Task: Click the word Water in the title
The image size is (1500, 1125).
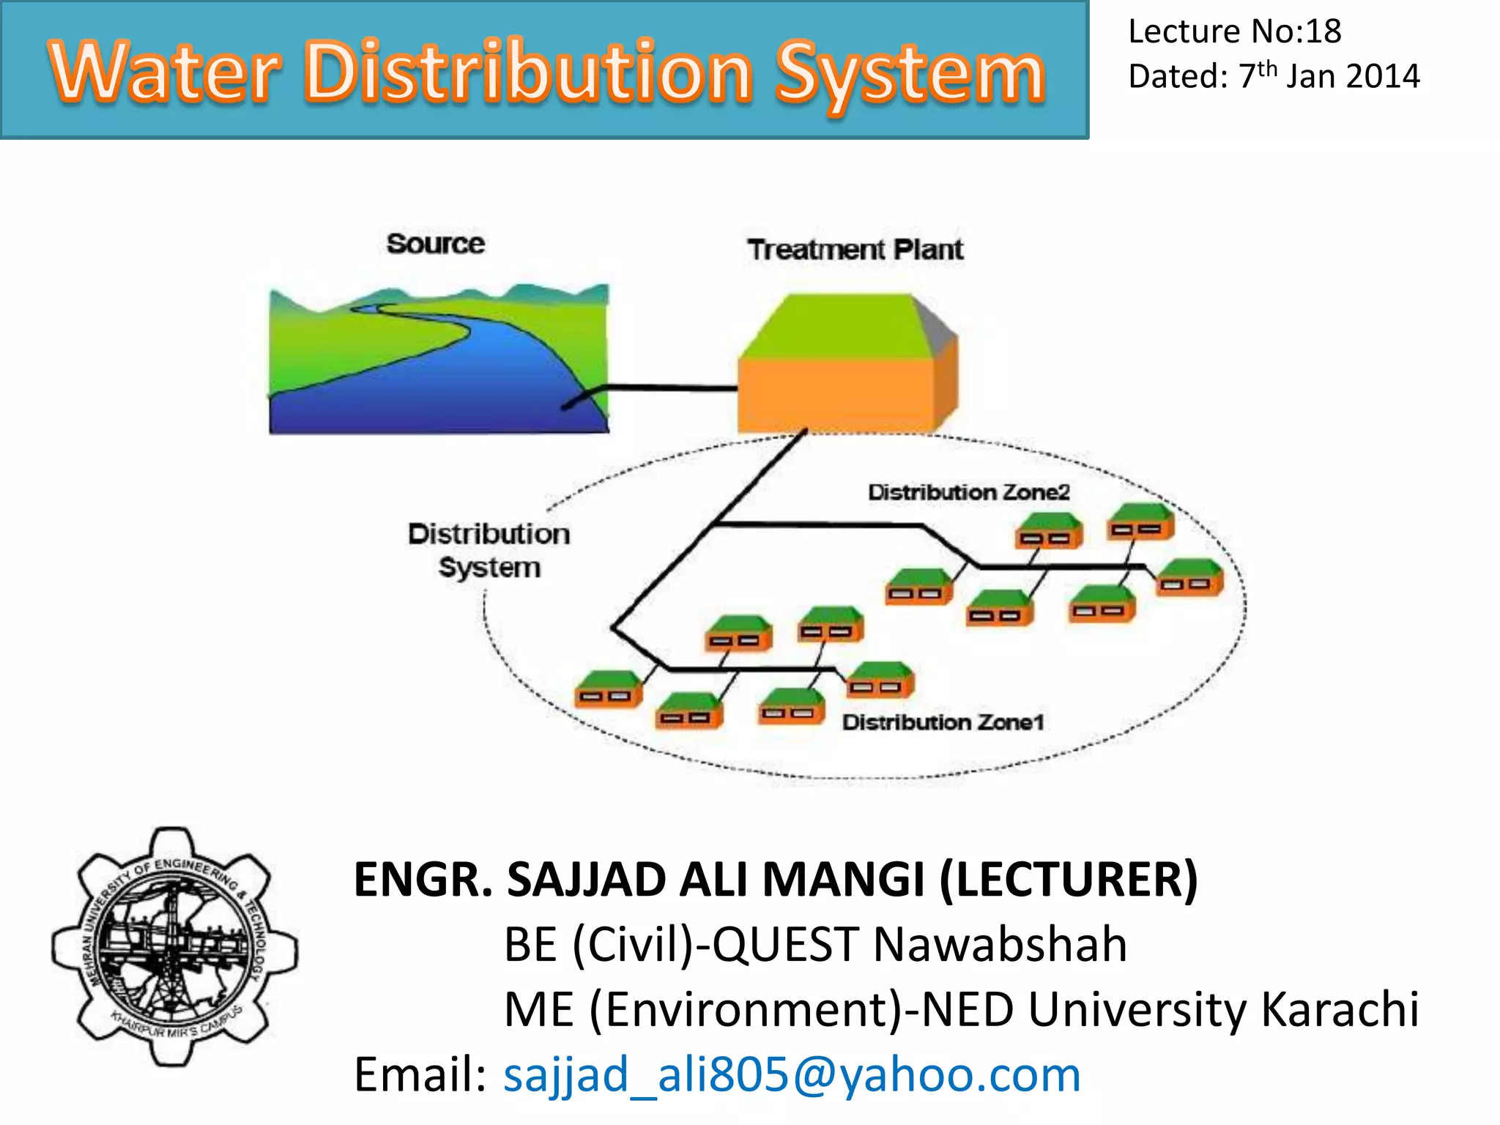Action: [x=165, y=72]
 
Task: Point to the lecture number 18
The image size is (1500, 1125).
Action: [x=1323, y=31]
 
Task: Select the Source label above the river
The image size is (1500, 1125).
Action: [x=435, y=244]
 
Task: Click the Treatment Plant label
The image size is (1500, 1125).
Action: [x=855, y=250]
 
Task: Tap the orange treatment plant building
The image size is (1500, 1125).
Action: [x=835, y=394]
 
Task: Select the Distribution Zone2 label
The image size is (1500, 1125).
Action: [x=968, y=492]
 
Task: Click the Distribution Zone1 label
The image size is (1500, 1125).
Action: [x=943, y=722]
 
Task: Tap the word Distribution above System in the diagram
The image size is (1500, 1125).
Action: [x=489, y=534]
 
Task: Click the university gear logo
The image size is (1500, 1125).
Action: [x=174, y=946]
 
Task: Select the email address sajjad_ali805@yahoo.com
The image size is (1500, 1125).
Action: [x=792, y=1074]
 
